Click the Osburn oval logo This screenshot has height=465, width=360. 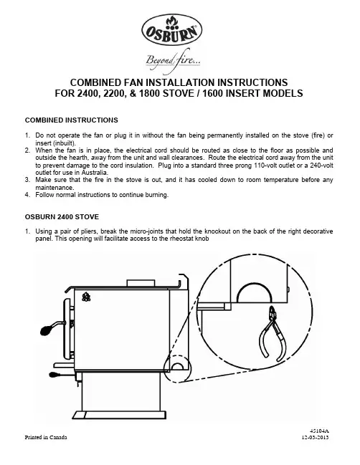pyautogui.click(x=172, y=29)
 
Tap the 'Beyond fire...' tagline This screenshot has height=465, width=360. pyautogui.click(x=173, y=61)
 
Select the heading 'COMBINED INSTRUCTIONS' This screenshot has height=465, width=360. pyautogui.click(x=72, y=120)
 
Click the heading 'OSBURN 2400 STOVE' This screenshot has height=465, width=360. pyautogui.click(x=62, y=217)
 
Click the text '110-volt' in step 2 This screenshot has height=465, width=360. pyautogui.click(x=264, y=166)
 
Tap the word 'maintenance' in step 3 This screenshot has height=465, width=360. pyautogui.click(x=55, y=188)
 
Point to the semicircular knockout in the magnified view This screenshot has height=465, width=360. pyautogui.click(x=255, y=292)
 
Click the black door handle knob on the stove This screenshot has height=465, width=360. pyautogui.click(x=47, y=330)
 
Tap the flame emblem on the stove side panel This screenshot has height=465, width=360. pyautogui.click(x=86, y=297)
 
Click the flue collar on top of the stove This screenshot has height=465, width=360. pyautogui.click(x=141, y=283)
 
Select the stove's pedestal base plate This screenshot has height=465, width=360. pyautogui.click(x=119, y=415)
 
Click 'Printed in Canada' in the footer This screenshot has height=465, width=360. pyautogui.click(x=46, y=437)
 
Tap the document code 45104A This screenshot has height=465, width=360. pyautogui.click(x=319, y=431)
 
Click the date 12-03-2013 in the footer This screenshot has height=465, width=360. pyautogui.click(x=316, y=437)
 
